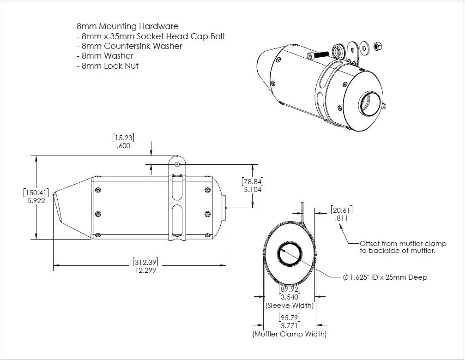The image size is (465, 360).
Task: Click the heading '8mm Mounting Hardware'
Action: (127, 26)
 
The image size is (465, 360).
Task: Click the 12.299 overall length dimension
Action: (145, 271)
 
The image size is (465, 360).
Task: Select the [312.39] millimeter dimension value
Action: (145, 262)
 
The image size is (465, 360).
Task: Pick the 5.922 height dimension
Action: (36, 201)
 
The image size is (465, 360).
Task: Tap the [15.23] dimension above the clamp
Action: (124, 137)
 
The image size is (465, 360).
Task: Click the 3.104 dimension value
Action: (252, 190)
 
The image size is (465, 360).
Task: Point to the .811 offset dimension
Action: (342, 218)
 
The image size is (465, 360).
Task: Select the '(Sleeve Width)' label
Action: (289, 306)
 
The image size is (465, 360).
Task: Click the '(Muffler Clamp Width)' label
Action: (289, 334)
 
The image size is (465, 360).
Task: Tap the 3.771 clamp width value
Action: (289, 326)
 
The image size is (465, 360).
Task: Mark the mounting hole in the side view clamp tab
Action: (177, 163)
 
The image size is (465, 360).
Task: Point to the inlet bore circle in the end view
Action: (290, 254)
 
